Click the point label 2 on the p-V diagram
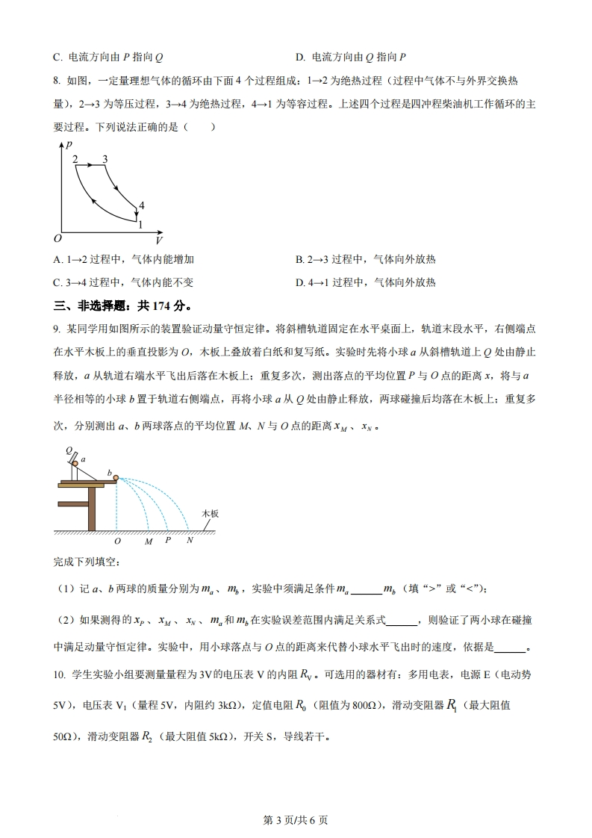point(75,158)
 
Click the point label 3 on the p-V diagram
point(105,158)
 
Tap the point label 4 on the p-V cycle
point(141,205)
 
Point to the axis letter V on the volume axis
point(158,241)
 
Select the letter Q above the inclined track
point(68,451)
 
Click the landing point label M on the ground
point(149,540)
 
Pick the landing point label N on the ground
point(190,540)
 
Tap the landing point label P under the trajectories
point(168,540)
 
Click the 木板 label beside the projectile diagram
point(211,515)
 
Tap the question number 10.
point(60,675)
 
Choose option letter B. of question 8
point(299,259)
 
